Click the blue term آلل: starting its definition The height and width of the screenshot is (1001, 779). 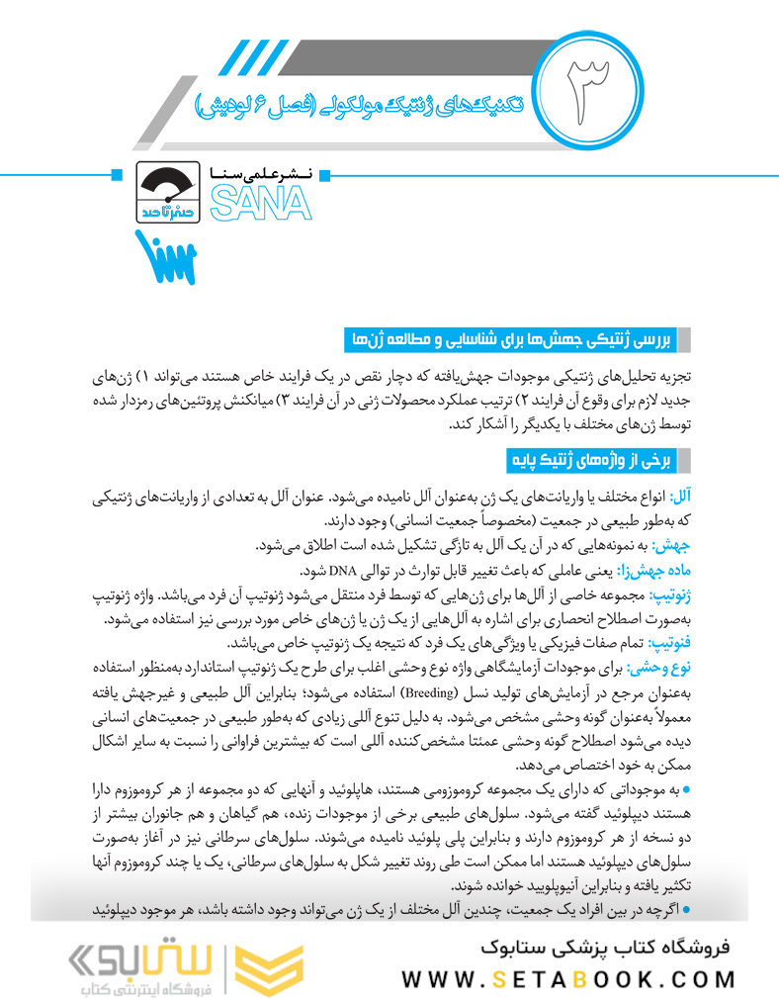[x=681, y=495]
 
